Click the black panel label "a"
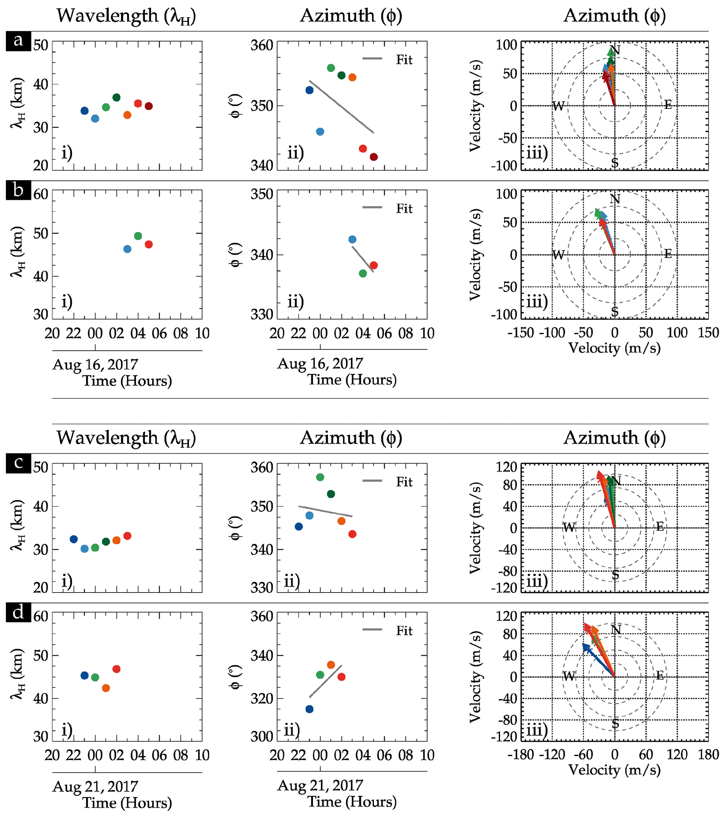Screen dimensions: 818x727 coord(18,40)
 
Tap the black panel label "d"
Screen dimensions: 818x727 coord(18,612)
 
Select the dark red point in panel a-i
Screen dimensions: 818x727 coord(148,106)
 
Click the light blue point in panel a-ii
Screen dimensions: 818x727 coord(320,132)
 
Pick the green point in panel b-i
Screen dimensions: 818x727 coord(138,236)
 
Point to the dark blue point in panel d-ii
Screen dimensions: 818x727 coord(310,709)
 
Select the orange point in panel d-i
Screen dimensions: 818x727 coord(106,688)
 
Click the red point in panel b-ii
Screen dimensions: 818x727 coord(374,265)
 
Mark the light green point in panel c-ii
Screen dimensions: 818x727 coord(320,477)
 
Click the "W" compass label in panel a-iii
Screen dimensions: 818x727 coord(558,106)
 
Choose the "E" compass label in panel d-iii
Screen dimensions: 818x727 coord(660,676)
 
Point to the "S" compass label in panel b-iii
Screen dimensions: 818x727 coord(615,312)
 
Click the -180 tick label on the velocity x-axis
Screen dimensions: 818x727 coord(521,755)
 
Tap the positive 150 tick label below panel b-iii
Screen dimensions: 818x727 coord(708,333)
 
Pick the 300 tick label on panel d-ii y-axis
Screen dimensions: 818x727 coord(262,736)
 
